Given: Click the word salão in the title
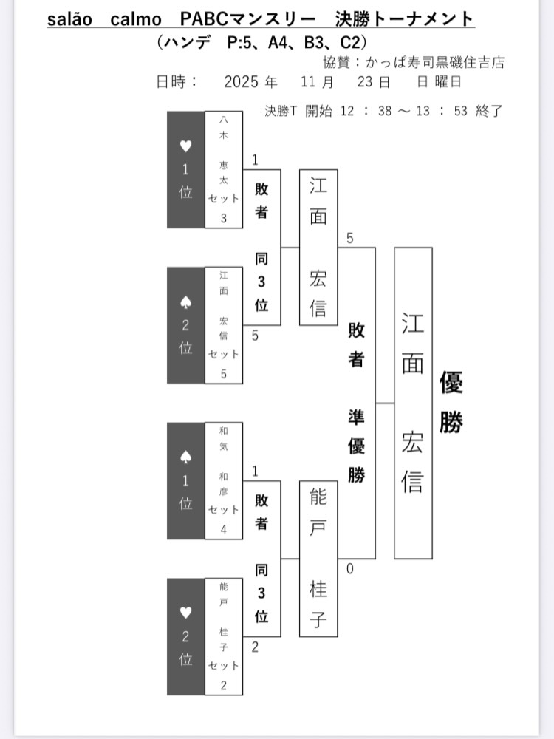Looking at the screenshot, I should tap(69, 18).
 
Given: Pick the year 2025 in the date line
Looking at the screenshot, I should tap(240, 82).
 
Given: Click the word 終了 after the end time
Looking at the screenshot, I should tap(490, 112).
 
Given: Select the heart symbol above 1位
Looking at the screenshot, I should tap(185, 146).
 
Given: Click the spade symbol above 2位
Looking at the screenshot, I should tap(185, 302).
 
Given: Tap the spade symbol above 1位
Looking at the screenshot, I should tap(185, 457).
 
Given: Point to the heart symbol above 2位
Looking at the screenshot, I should tap(185, 613).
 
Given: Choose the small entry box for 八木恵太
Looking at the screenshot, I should tap(223, 170).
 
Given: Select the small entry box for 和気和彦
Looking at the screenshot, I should tap(223, 481).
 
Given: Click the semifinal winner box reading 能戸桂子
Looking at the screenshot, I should tap(318, 558).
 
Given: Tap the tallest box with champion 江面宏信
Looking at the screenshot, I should tap(413, 403).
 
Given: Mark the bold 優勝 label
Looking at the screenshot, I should tap(451, 403).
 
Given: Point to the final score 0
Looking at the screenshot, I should tap(349, 568).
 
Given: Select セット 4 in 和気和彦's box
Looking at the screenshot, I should tap(223, 519).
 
